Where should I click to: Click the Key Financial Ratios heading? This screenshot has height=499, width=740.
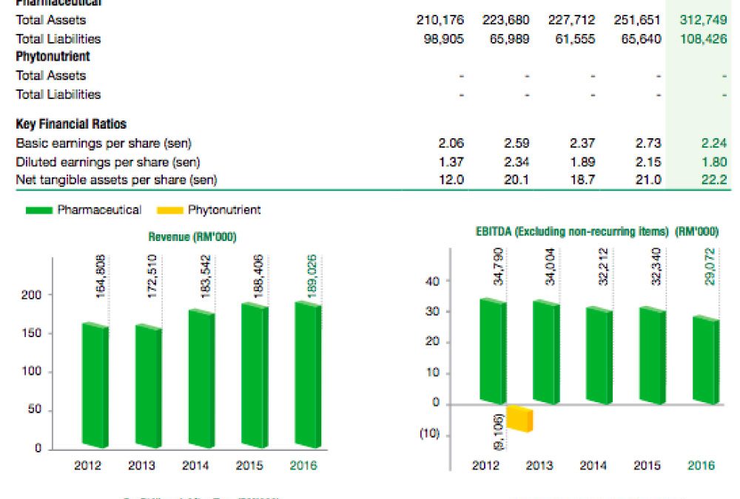pyautogui.click(x=70, y=124)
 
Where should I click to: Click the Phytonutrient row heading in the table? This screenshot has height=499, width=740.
pyautogui.click(x=53, y=57)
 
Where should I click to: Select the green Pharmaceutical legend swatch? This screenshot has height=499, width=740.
pyautogui.click(x=40, y=211)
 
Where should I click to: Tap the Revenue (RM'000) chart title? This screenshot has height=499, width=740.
pyautogui.click(x=197, y=237)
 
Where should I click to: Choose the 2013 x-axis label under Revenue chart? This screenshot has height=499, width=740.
pyautogui.click(x=141, y=466)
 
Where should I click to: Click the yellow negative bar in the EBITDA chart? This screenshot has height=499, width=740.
pyautogui.click(x=519, y=418)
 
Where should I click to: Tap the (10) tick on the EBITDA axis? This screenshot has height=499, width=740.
pyautogui.click(x=429, y=434)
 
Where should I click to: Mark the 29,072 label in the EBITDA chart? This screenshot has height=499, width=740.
pyautogui.click(x=712, y=267)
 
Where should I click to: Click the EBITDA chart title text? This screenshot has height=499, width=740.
pyautogui.click(x=596, y=231)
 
